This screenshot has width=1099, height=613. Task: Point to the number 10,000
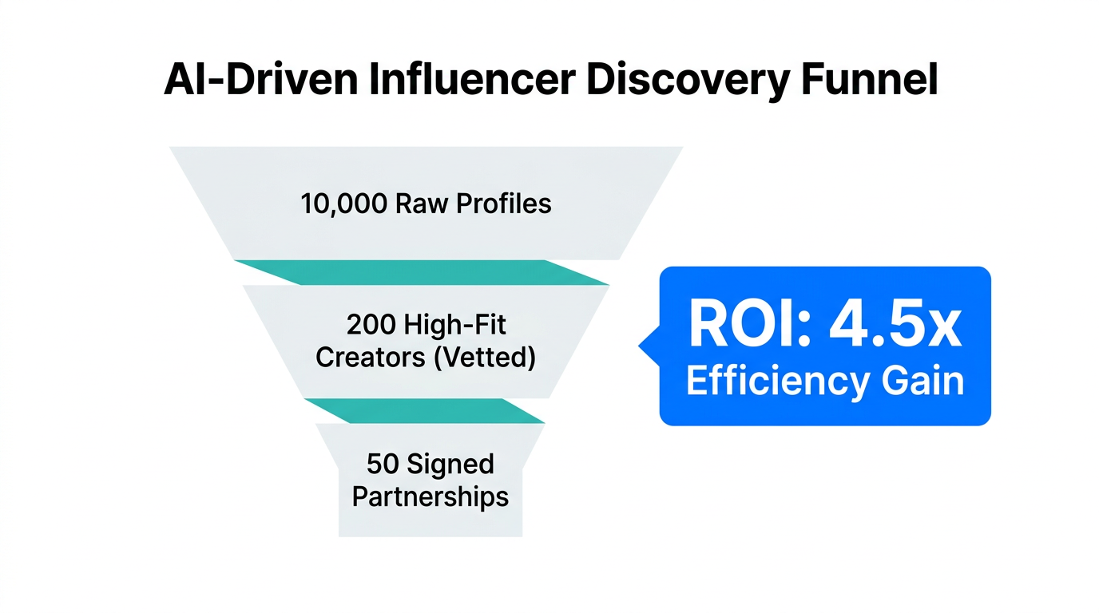coord(343,204)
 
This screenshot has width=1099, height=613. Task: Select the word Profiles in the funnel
coord(504,204)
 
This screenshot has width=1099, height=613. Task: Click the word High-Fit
coord(456,325)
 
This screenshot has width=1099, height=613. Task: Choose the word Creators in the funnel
coord(370,357)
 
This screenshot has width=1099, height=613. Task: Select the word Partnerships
coord(430,496)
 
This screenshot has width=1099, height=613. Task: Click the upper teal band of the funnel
coord(422,272)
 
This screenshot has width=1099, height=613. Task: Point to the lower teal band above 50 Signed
coord(423,411)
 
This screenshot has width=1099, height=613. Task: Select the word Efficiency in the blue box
coord(764,382)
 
